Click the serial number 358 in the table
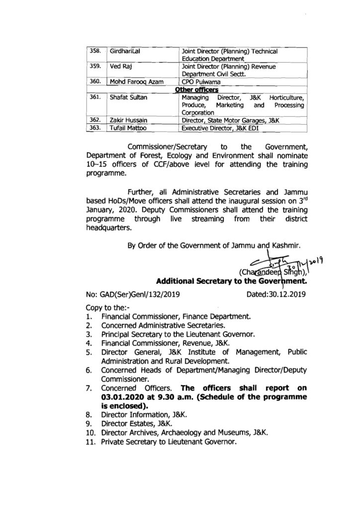click(95, 51)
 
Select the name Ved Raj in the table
click(120, 66)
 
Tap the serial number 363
click(95, 128)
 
